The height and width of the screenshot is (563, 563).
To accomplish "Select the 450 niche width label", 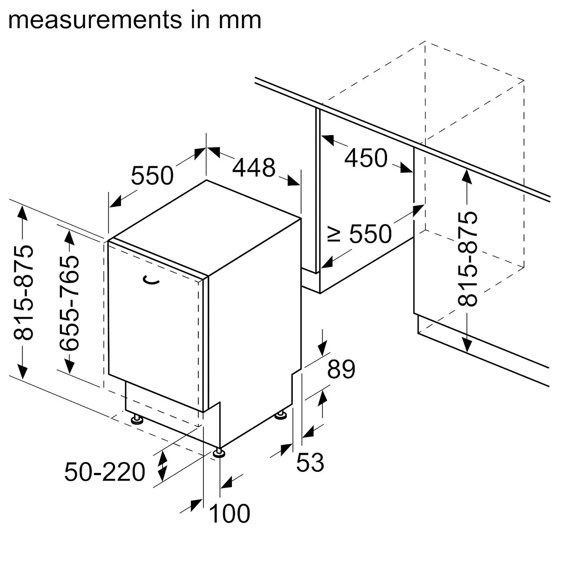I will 366,158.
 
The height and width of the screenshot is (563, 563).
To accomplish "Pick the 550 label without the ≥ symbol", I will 152,175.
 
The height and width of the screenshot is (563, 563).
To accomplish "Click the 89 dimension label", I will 341,369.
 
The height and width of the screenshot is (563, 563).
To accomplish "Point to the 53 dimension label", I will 310,462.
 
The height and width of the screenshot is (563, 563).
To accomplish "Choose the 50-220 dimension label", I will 105,472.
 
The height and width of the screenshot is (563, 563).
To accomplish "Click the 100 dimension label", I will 229,513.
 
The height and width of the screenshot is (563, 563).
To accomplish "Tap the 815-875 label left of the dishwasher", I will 24,292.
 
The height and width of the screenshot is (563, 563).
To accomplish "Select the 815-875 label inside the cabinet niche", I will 468,259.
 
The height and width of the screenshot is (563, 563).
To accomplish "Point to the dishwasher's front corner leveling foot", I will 219,453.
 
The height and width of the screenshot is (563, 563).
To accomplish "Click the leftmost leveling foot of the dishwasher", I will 137,419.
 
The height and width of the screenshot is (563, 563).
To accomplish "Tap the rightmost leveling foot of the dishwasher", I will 280,415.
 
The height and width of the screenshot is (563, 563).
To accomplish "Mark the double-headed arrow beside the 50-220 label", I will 162,467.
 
